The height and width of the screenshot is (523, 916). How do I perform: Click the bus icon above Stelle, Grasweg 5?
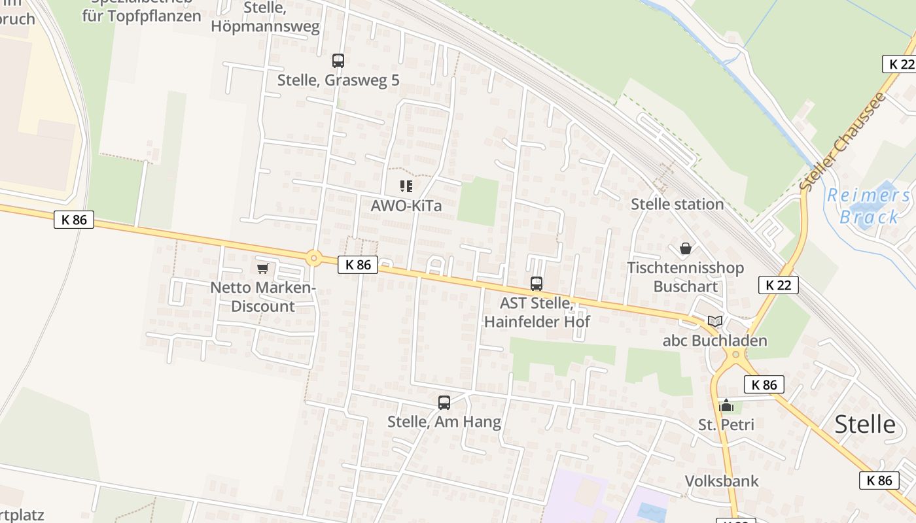(x=338, y=61)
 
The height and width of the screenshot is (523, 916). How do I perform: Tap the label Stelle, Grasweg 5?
(x=338, y=80)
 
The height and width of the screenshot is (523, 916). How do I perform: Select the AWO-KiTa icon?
(x=406, y=186)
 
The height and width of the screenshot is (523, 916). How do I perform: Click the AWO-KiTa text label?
(x=406, y=205)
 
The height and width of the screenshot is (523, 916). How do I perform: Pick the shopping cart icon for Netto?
(x=263, y=268)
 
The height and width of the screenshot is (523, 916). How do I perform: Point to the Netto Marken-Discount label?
(x=263, y=297)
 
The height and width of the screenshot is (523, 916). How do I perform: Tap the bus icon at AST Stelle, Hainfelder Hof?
(x=537, y=284)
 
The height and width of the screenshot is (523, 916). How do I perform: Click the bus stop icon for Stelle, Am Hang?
(x=444, y=403)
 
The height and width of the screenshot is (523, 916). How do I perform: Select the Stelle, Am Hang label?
(x=444, y=422)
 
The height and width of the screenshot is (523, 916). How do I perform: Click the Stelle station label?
(x=677, y=204)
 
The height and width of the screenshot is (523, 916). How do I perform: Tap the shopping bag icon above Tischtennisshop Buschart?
(x=686, y=249)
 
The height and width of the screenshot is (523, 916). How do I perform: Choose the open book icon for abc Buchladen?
(x=715, y=322)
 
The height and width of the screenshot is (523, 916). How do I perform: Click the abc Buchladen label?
(x=714, y=341)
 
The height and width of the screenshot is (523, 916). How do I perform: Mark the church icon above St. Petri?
(x=726, y=406)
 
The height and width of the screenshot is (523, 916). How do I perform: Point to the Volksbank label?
(x=722, y=481)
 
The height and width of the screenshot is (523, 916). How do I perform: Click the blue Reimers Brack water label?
(x=869, y=205)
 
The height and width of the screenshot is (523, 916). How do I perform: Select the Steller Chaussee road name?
(x=843, y=142)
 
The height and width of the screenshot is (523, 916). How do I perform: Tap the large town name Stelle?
(x=865, y=424)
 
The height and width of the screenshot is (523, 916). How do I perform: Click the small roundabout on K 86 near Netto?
(x=314, y=259)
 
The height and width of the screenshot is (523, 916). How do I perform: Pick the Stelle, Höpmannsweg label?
(x=266, y=17)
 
